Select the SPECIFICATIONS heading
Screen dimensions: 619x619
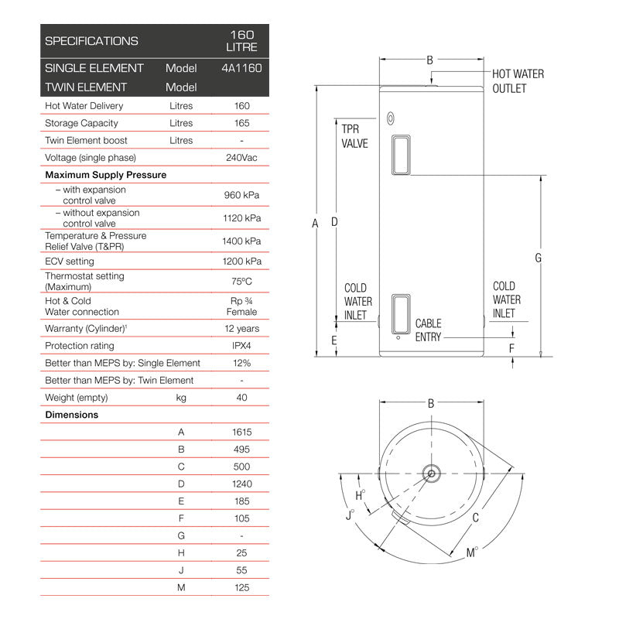pyautogui.click(x=91, y=41)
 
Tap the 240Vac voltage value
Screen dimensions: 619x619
pyautogui.click(x=242, y=158)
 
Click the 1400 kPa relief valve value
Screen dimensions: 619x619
pyautogui.click(x=242, y=241)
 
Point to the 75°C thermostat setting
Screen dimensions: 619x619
pyautogui.click(x=242, y=282)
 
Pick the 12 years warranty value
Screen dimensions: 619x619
pyautogui.click(x=242, y=329)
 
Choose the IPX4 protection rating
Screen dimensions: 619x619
pyautogui.click(x=242, y=346)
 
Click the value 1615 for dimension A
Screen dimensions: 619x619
pyautogui.click(x=242, y=432)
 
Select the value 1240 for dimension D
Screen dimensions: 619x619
pyautogui.click(x=242, y=484)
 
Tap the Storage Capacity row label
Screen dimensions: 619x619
pyautogui.click(x=81, y=123)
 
